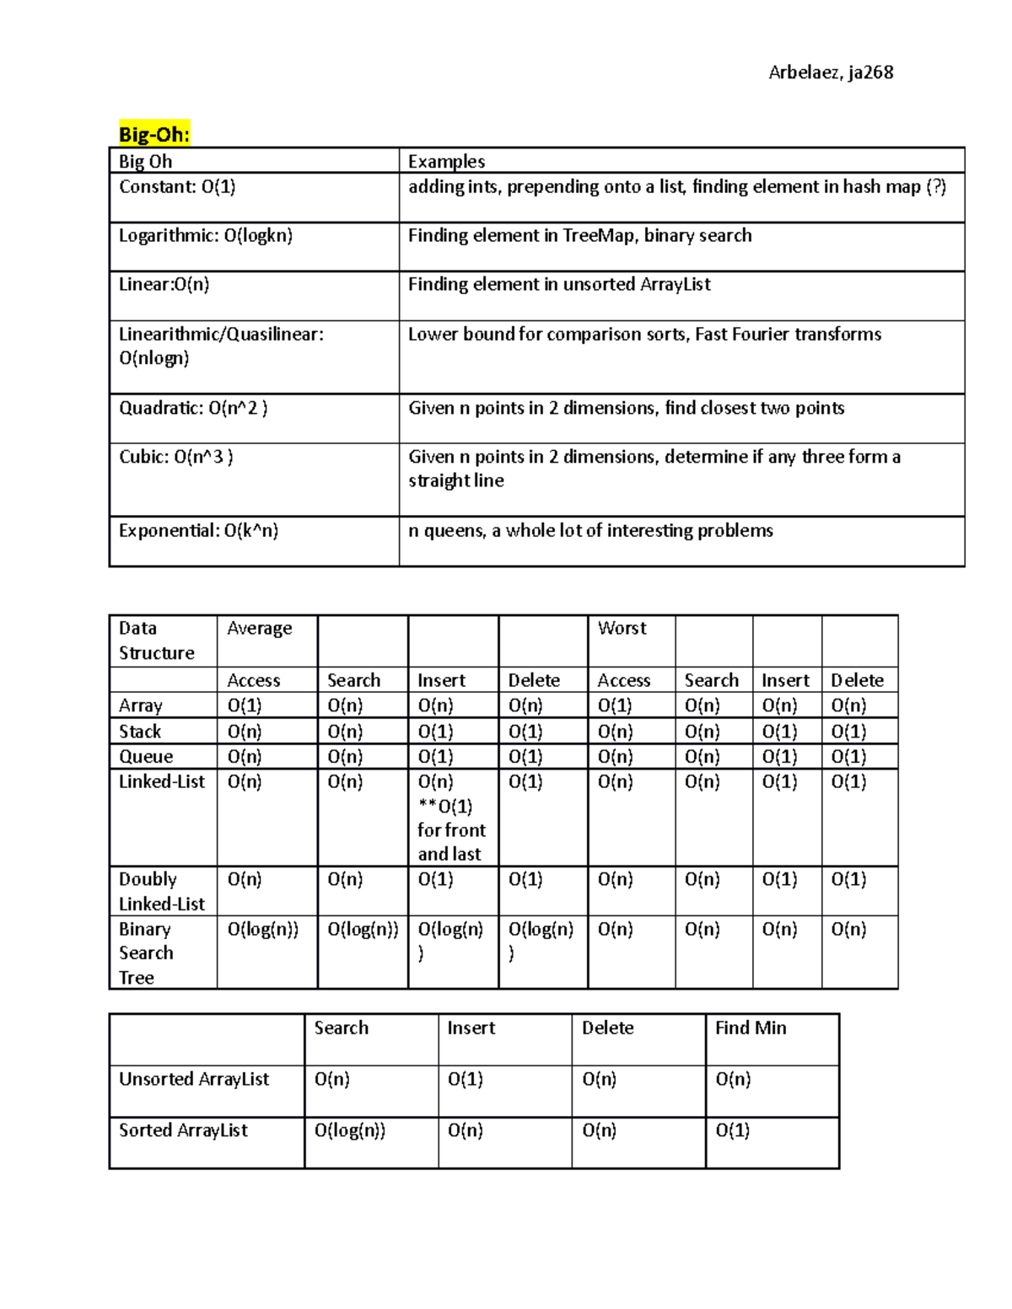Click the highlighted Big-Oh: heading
coord(154,134)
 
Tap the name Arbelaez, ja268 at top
coord(831,72)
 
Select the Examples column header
coord(446,161)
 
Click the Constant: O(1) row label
coord(177,187)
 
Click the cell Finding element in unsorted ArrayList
coord(559,285)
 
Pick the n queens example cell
coord(590,531)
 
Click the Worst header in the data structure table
coord(622,628)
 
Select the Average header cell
coord(259,629)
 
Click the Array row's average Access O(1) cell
coord(245,705)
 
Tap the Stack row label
coord(140,732)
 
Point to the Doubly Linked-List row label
coord(161,891)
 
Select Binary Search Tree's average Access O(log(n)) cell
coord(263,930)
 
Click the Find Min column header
coord(751,1028)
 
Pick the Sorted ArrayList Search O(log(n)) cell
coord(350,1131)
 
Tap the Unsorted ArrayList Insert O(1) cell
coord(466,1080)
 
